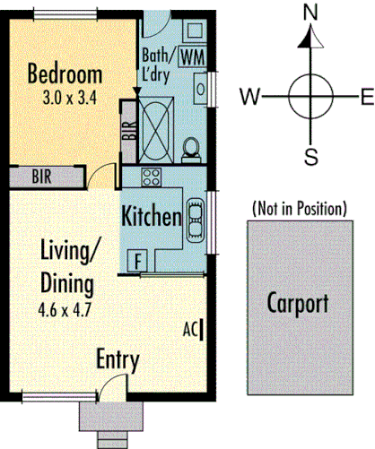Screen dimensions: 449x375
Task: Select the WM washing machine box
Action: point(192,56)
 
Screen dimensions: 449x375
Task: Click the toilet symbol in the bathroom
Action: point(190,146)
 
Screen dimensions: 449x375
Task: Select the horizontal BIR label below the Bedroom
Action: point(41,176)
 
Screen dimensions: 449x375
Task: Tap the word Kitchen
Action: point(152,216)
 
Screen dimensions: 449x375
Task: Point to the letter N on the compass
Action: point(312,12)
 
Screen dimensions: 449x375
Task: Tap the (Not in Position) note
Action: point(299,209)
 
